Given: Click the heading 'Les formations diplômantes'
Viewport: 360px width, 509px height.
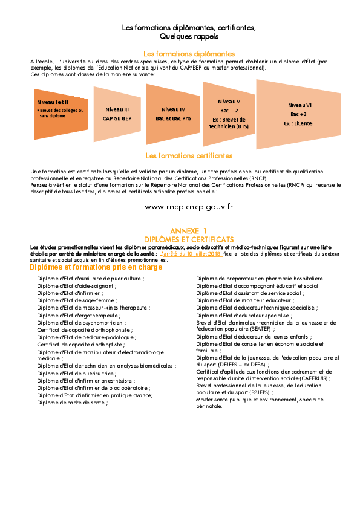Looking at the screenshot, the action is point(189,54).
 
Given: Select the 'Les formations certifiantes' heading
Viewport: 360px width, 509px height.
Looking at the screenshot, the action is point(189,156).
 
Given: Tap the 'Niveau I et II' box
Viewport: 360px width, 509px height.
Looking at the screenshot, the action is point(61,114).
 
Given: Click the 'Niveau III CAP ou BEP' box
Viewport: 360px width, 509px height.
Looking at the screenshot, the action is point(117,114).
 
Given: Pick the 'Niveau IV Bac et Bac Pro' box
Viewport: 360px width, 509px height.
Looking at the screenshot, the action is point(173,114).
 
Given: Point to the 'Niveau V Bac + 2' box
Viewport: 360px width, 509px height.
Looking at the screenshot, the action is point(229,114).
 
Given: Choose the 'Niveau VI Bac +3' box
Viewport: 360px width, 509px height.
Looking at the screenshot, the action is point(298,114).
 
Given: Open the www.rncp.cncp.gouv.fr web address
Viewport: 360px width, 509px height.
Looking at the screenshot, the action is point(189,207).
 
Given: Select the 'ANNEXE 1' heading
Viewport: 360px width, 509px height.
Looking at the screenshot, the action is point(188,231).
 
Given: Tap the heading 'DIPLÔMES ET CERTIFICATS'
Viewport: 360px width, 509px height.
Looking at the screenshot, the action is point(189,239).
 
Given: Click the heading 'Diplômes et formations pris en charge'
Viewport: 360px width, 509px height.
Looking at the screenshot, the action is point(96,267).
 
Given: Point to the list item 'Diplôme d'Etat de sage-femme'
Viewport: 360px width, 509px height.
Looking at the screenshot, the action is point(77,300).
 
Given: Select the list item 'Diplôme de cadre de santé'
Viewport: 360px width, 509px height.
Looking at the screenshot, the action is point(73,403).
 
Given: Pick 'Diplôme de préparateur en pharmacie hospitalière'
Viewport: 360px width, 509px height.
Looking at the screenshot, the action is point(260,279).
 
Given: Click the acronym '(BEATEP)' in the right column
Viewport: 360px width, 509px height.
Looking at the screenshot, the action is point(260,329).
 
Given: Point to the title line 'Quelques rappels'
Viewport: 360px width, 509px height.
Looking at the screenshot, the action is point(189,36).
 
